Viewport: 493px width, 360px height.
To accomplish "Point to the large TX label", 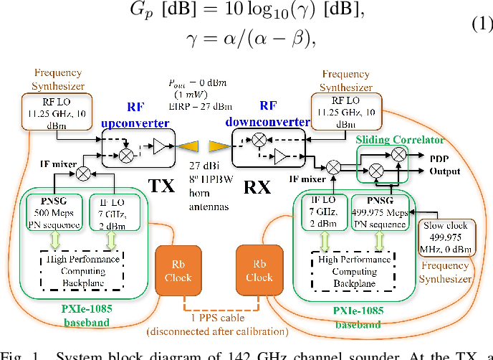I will [163, 186].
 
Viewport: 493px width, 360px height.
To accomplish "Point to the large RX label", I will [257, 188].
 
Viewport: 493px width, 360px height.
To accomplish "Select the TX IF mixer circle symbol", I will [83, 173].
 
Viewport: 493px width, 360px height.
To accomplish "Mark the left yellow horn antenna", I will [188, 146].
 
